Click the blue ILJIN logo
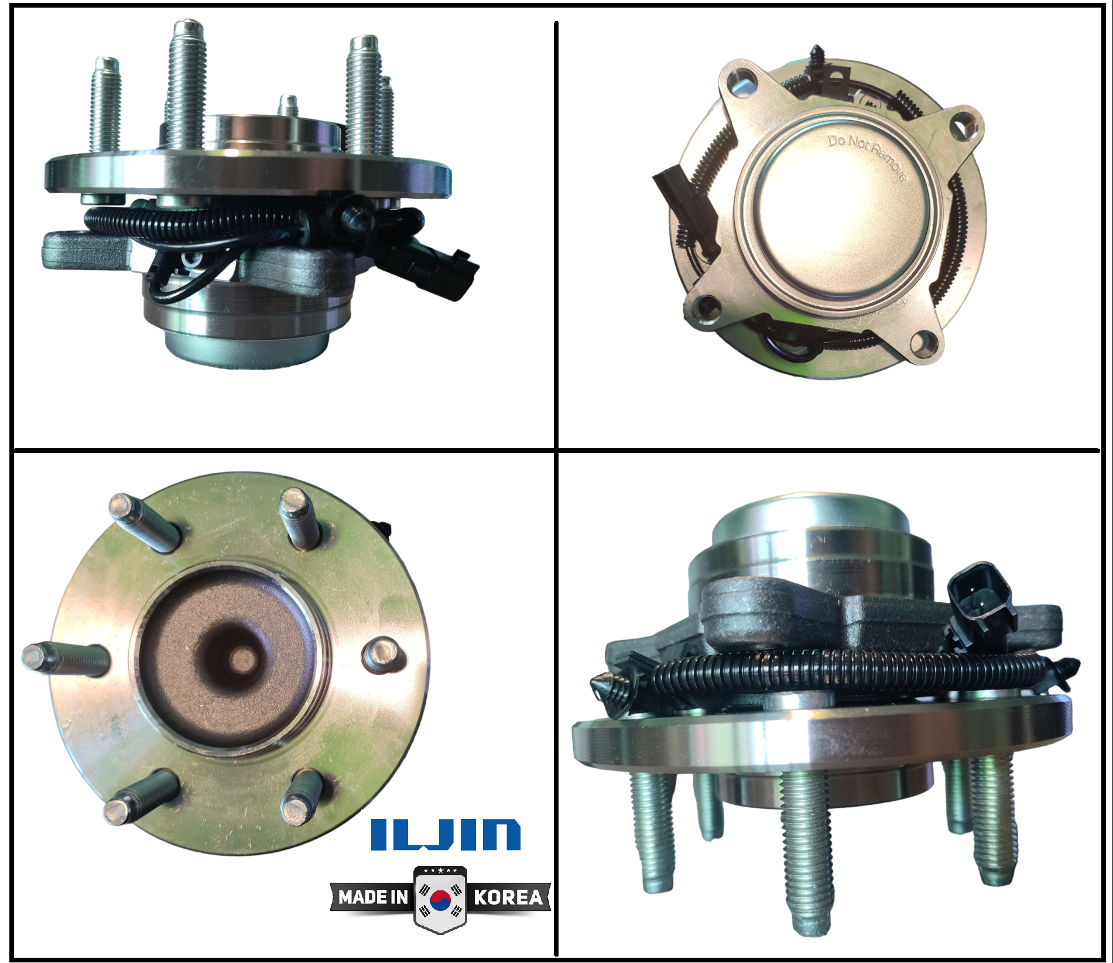(446, 834)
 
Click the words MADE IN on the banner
(373, 897)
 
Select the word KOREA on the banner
(508, 897)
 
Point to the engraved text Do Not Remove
(867, 157)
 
